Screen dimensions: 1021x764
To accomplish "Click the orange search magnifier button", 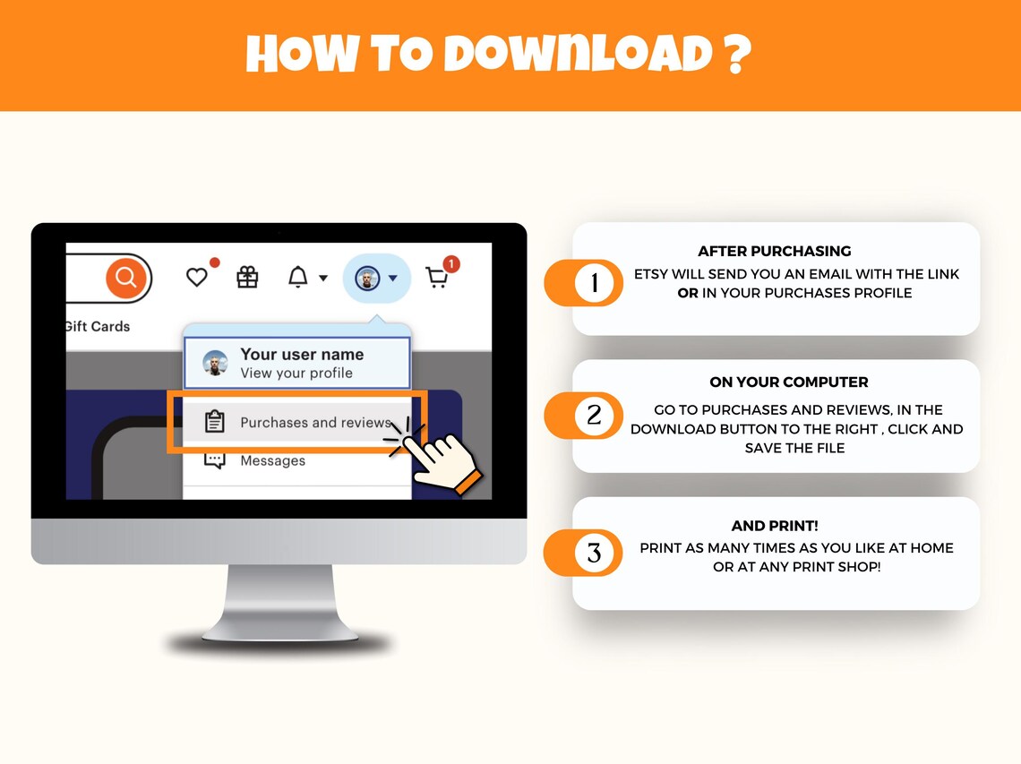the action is coord(125,278).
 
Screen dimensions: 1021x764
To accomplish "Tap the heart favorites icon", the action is coord(197,278).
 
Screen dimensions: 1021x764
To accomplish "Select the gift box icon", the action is coord(247,278).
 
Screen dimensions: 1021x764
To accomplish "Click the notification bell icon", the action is coord(298,277).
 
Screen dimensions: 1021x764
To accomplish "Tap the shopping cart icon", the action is coord(436,279).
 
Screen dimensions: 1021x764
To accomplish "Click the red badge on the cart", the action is coord(451,264).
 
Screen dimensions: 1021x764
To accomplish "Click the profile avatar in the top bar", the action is coord(367,279).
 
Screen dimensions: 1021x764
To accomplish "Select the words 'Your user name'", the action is coord(302,355).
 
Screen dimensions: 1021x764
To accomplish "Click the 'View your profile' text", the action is coord(296,373).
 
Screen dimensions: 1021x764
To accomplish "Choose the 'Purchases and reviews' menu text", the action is coord(316,422).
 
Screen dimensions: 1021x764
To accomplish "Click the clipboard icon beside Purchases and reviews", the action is coord(215,421).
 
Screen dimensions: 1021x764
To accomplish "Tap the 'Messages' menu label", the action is coord(273,460).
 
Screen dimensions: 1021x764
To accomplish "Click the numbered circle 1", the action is coord(595,283).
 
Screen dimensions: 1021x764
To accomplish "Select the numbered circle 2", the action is coord(595,416).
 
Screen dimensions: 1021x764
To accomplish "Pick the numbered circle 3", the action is coord(595,553).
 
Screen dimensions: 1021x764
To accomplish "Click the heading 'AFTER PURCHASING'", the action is coord(774,252).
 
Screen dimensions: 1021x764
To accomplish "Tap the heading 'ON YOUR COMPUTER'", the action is coord(788,382).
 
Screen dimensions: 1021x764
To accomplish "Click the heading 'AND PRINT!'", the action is coord(774,526).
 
